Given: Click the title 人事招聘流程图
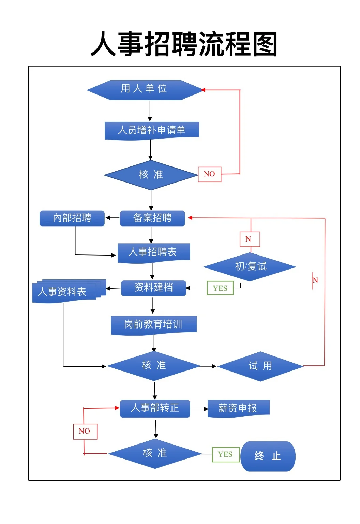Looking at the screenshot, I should pos(184,44).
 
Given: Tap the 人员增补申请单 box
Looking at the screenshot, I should pos(152,130).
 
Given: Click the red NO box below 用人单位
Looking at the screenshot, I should pos(210,174).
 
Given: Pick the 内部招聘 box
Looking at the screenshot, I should pos(72,218).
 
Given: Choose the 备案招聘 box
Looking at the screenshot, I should pos(152,218).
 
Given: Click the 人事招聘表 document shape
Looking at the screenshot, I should pos(153,252).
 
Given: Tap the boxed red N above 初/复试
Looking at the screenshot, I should pos(250,239).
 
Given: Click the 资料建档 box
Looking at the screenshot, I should pos(153,288).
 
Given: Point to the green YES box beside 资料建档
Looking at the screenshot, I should pos(220,288).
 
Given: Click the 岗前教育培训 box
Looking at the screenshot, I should pos(153,324).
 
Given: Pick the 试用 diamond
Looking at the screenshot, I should pos(260,366).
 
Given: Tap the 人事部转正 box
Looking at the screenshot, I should pos(155,408).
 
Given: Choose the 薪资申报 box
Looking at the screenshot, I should pos(238,408).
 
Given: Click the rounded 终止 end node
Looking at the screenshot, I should pos(268,456).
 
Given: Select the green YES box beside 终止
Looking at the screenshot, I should pos(225,454).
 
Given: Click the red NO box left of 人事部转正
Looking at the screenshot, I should pos(85,432).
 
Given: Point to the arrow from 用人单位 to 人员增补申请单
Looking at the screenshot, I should pos(150,111).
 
